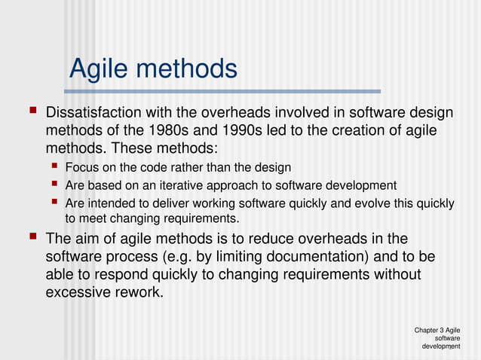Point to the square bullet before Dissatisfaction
[32, 111]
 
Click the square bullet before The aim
[32, 238]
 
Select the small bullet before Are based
[54, 184]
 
